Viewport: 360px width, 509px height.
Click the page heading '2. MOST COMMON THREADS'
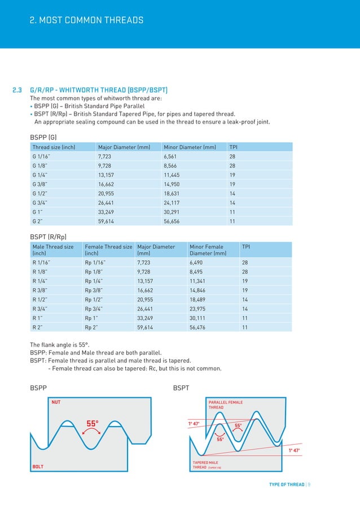pyautogui.click(x=86, y=20)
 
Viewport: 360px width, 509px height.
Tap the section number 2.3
pyautogui.click(x=17, y=90)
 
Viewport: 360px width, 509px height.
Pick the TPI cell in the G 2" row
pyautogui.click(x=232, y=221)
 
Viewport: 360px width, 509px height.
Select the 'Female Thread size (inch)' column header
pyautogui.click(x=108, y=250)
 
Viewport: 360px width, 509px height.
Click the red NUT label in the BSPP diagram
pyautogui.click(x=56, y=402)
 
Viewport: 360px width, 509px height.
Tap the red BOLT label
pyautogui.click(x=38, y=467)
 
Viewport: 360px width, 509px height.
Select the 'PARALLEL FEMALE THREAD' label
pyautogui.click(x=226, y=405)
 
